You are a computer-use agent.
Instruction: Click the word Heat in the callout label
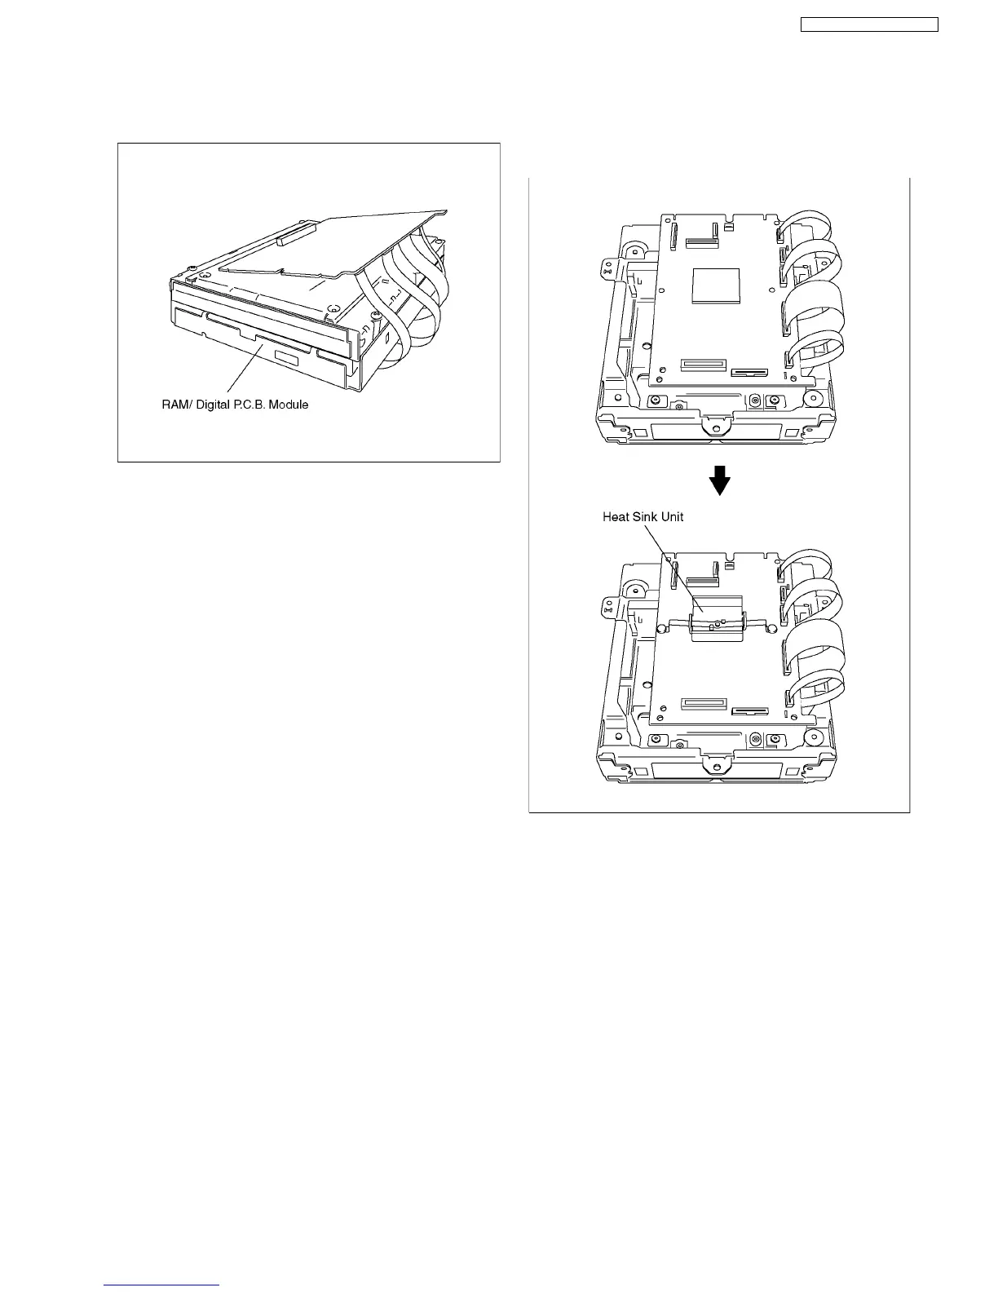pos(616,516)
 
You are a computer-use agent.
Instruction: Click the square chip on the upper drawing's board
pos(715,289)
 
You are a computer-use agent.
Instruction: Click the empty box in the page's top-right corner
pos(868,24)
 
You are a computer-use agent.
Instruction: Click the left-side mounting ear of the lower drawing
pos(607,604)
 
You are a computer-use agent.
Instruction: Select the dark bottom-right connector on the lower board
pos(749,710)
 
